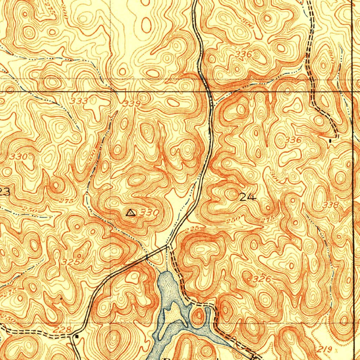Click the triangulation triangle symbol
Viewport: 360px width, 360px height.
click(130, 212)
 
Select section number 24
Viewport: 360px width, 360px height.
click(248, 197)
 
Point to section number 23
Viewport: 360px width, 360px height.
click(5, 192)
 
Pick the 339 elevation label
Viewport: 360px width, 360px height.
click(132, 104)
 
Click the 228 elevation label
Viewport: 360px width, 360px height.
click(64, 329)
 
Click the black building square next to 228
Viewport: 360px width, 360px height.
click(77, 336)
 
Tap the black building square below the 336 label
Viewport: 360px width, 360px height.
click(330, 141)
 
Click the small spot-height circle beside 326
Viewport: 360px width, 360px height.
click(250, 279)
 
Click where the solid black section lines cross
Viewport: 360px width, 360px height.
click(353, 92)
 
